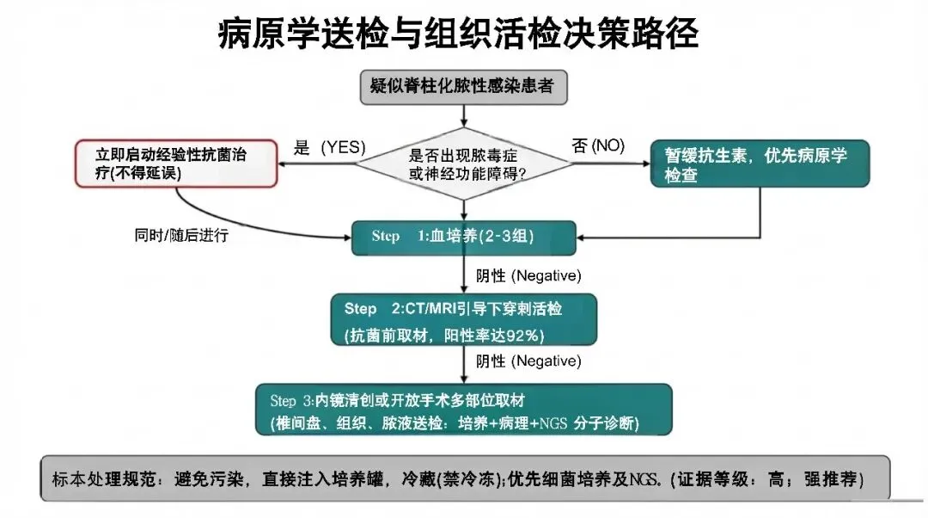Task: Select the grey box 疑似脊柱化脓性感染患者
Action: (x=464, y=87)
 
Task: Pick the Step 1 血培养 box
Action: (x=464, y=236)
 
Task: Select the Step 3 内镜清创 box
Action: (x=464, y=412)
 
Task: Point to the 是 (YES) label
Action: (x=330, y=147)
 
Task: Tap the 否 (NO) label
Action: (x=598, y=145)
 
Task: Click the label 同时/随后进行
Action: (x=181, y=235)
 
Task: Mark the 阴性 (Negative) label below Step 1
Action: (x=528, y=276)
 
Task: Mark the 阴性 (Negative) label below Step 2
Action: (x=528, y=361)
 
